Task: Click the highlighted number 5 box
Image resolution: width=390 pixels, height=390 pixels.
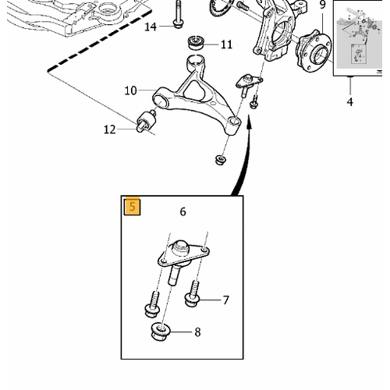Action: click(x=133, y=207)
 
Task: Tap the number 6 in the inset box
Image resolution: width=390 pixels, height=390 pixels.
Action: click(x=183, y=211)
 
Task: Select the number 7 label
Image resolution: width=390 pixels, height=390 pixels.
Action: click(x=225, y=300)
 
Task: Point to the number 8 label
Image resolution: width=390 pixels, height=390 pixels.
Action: click(x=197, y=332)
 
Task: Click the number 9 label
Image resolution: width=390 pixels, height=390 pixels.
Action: click(x=322, y=5)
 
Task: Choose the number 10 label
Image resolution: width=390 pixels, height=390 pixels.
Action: click(x=130, y=90)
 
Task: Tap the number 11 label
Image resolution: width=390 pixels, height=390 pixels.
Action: click(x=226, y=44)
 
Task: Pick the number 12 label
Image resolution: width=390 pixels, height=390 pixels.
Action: click(x=109, y=129)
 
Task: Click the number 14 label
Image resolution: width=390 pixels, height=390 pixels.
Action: click(x=151, y=27)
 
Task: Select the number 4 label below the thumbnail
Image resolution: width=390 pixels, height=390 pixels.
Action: click(x=350, y=101)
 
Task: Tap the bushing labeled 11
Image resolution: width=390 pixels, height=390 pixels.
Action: click(x=196, y=43)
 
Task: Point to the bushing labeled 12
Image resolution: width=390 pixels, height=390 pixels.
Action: click(x=147, y=121)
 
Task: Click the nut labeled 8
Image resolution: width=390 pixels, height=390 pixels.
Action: click(x=161, y=331)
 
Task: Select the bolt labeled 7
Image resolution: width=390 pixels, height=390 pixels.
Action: click(x=193, y=294)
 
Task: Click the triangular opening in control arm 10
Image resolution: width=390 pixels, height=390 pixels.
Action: click(x=194, y=91)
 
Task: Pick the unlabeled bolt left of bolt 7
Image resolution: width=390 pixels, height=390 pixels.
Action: click(x=152, y=304)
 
